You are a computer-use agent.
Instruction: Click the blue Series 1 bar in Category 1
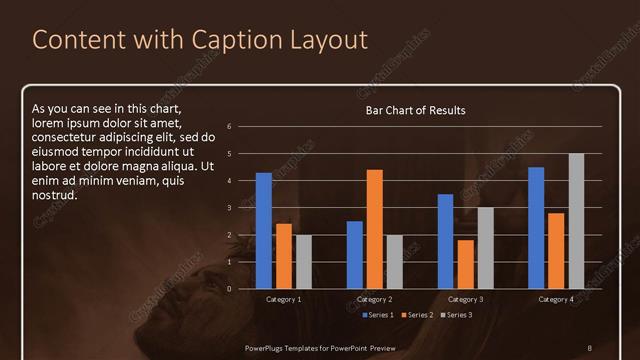[x=263, y=231]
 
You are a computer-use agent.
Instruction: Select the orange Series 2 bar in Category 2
[x=375, y=229]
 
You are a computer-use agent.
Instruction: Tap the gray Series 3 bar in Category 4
[x=576, y=221]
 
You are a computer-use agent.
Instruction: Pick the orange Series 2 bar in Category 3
[x=466, y=264]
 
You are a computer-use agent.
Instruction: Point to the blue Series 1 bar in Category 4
[x=536, y=228]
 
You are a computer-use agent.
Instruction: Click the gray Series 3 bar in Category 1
[x=304, y=262]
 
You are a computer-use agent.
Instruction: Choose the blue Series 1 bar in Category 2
[x=355, y=255]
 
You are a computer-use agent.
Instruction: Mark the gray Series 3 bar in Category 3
[x=485, y=248]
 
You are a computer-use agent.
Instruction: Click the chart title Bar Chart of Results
[x=415, y=110]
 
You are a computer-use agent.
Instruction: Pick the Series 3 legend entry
[x=458, y=315]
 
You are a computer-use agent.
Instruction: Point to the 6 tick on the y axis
[x=230, y=127]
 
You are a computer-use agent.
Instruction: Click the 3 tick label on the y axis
[x=230, y=208]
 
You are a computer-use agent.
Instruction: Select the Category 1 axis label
[x=284, y=299]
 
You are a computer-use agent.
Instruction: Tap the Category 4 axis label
[x=556, y=299]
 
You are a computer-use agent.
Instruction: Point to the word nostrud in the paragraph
[x=54, y=194]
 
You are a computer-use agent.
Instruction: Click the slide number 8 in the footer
[x=590, y=346]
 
